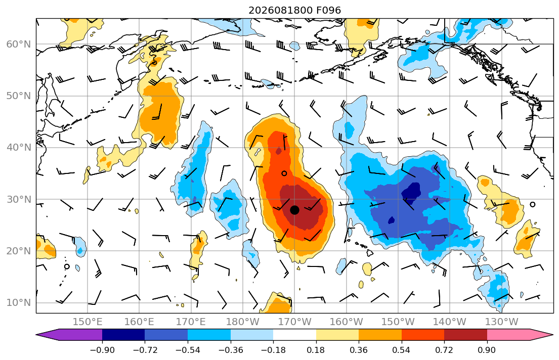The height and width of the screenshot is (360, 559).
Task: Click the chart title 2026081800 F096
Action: coord(294,10)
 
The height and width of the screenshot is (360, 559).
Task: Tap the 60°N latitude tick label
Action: coord(19,44)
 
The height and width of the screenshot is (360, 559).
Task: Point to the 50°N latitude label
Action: coord(19,96)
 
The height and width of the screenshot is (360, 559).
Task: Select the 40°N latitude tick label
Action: coord(19,147)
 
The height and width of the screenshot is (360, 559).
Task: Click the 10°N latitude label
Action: coord(19,303)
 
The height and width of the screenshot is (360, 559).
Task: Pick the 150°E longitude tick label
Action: coord(88,322)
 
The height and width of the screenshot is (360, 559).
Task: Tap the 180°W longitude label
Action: coord(243,322)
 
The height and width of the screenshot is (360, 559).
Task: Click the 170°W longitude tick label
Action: coord(295,322)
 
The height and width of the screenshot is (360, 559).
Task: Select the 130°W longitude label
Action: coord(502,322)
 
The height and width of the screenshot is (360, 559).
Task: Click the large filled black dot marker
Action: coord(294,210)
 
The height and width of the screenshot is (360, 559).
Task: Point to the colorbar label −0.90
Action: coord(102,350)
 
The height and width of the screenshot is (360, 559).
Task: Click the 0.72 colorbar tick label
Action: coord(444,350)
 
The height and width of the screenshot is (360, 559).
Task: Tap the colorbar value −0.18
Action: coord(274,350)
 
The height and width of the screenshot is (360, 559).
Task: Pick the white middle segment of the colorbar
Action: coord(295,335)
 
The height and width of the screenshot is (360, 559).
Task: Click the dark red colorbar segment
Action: coord(465,335)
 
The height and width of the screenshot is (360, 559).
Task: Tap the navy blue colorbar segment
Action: coord(124,335)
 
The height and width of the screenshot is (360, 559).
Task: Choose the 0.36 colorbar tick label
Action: coord(359,350)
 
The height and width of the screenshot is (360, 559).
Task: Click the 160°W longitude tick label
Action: coord(347,322)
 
